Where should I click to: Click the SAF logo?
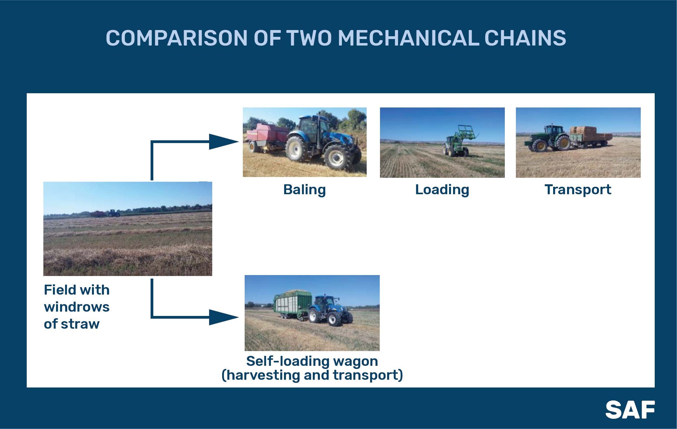coord(630,410)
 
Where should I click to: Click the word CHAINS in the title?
coord(525,38)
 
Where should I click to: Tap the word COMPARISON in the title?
coord(177,38)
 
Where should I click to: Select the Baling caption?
coord(304,190)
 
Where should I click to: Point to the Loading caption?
coord(442,190)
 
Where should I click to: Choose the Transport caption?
coord(578,190)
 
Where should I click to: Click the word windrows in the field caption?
coord(77,307)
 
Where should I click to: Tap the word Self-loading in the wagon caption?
coord(285,361)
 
